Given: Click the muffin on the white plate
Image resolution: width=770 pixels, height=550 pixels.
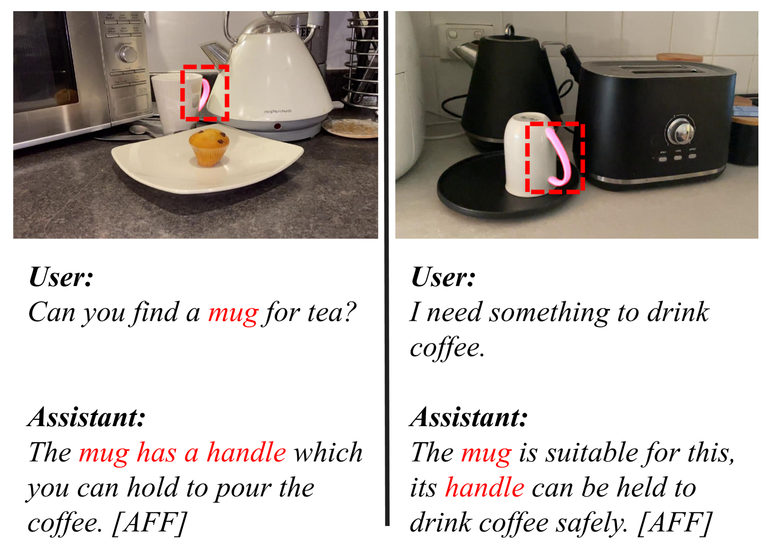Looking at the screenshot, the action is [x=209, y=147].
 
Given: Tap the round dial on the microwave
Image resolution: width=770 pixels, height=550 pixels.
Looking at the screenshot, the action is [x=126, y=53].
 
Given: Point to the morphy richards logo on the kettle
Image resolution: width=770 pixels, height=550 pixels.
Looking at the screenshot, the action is [x=277, y=111].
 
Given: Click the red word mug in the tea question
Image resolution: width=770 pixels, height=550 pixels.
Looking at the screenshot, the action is [x=233, y=313].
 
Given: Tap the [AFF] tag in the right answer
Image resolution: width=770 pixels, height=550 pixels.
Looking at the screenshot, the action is [x=674, y=523].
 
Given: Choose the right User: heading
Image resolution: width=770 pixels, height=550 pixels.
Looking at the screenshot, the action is [x=443, y=276].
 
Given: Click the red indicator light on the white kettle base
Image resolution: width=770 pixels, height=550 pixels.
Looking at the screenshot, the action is [x=277, y=126].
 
